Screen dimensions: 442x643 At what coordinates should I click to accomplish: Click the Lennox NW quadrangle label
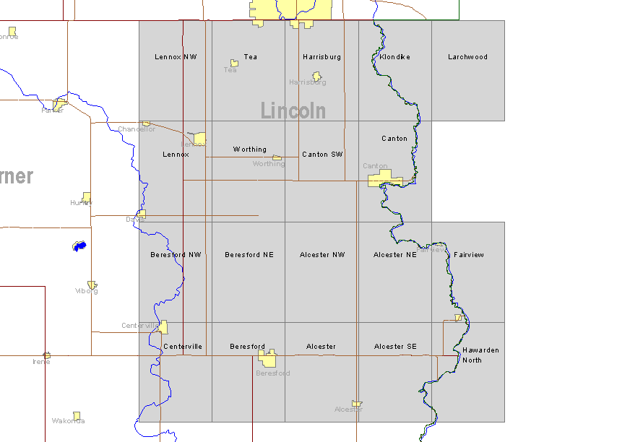176,57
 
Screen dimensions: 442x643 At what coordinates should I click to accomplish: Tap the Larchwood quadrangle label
467,57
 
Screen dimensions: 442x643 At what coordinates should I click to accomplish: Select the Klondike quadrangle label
394,57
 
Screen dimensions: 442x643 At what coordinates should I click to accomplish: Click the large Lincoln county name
293,110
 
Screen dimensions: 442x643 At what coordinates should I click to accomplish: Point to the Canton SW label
322,155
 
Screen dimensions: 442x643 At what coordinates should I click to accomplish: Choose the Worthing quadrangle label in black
249,149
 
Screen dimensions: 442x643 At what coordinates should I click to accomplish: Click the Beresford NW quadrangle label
176,255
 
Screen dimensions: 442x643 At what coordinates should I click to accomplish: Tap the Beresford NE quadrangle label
249,255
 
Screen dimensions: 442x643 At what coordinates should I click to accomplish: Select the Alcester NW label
322,255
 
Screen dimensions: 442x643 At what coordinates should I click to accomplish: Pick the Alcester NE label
395,255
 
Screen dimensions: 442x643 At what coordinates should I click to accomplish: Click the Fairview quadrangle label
469,255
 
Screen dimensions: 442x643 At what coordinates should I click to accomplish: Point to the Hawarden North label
480,355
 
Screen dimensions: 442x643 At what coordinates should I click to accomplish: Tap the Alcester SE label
395,347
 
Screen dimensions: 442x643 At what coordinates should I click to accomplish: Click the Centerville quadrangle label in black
183,347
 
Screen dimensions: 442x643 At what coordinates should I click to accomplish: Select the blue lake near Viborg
79,246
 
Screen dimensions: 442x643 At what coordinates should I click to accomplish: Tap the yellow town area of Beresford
268,359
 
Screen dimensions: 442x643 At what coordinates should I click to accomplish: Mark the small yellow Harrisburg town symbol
316,76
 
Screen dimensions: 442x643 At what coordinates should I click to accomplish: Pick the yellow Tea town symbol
234,64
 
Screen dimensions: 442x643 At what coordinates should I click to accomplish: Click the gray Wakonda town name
68,421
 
